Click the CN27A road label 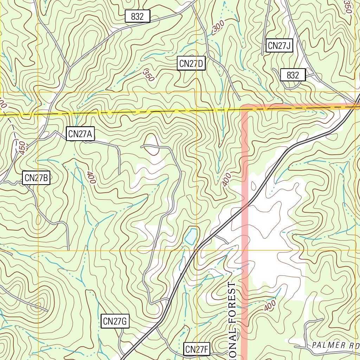coord(80,134)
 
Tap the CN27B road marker coord(36,178)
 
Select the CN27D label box coord(191,64)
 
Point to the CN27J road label coord(279,46)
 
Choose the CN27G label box coord(115,321)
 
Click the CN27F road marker coord(197,349)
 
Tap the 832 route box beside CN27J coord(292,75)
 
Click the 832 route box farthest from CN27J coord(137,16)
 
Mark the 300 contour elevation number coord(218,27)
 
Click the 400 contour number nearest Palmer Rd coord(270,306)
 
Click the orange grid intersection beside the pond coord(197,251)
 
